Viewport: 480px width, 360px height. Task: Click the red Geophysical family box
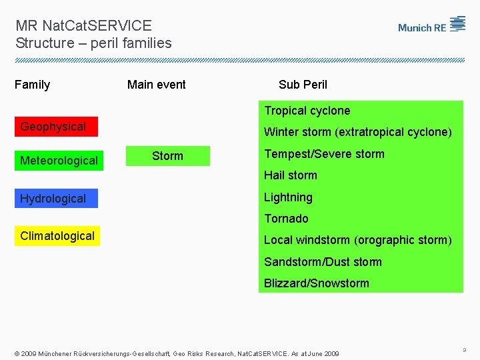point(56,127)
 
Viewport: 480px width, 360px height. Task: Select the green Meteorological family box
point(59,161)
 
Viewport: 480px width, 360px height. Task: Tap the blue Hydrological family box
point(56,199)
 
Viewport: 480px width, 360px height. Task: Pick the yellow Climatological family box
point(57,236)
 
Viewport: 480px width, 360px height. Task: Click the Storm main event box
point(168,156)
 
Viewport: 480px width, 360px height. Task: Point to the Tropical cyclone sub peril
point(307,111)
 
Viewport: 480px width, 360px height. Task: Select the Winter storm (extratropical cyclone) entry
point(357,132)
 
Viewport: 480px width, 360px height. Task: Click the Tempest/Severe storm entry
point(324,154)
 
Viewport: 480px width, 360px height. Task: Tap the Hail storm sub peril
point(291,175)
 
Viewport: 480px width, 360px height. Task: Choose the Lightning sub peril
point(288,197)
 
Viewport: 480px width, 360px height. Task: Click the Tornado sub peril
point(286,219)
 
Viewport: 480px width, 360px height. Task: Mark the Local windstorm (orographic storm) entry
point(357,240)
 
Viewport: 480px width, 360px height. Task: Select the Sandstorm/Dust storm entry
point(323,262)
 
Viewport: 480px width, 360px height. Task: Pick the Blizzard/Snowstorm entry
point(316,283)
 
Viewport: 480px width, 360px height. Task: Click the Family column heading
point(32,85)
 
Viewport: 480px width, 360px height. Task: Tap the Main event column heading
point(157,85)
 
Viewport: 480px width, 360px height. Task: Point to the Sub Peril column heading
point(303,85)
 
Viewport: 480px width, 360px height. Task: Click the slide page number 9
point(463,349)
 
